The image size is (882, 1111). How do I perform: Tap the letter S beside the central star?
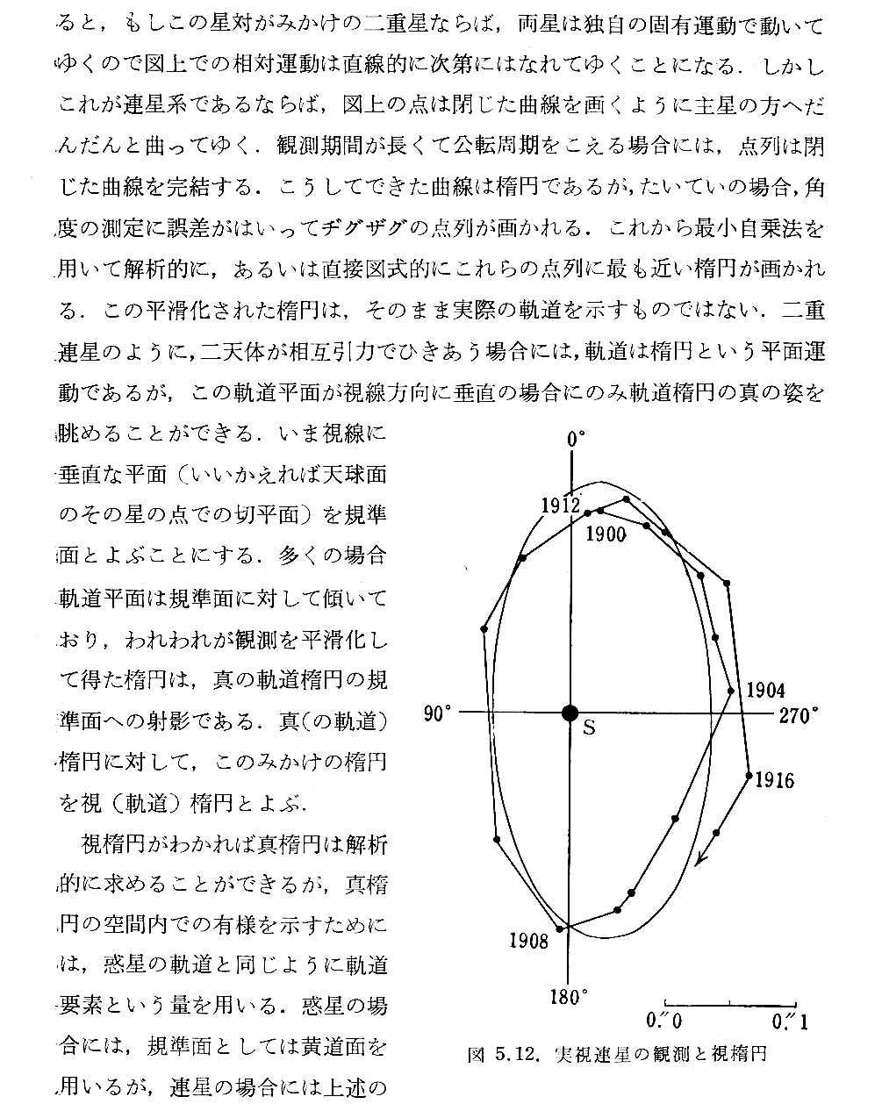(x=589, y=728)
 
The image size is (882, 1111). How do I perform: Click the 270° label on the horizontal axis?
(x=799, y=714)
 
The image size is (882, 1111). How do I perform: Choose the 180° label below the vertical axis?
(x=569, y=997)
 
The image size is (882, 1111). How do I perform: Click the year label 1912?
(x=560, y=505)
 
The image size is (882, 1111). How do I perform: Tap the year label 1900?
(x=606, y=534)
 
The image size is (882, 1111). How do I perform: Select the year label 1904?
(x=764, y=691)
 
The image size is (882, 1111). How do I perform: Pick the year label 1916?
(x=774, y=779)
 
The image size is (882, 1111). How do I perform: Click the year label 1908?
(x=529, y=941)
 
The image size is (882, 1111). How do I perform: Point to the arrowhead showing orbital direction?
(x=699, y=859)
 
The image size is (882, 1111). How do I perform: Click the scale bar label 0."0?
(x=663, y=1021)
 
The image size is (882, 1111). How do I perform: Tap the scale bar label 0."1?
(x=789, y=1021)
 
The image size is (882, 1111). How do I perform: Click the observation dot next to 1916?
(x=749, y=775)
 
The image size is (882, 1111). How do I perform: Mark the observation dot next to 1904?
(x=731, y=691)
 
